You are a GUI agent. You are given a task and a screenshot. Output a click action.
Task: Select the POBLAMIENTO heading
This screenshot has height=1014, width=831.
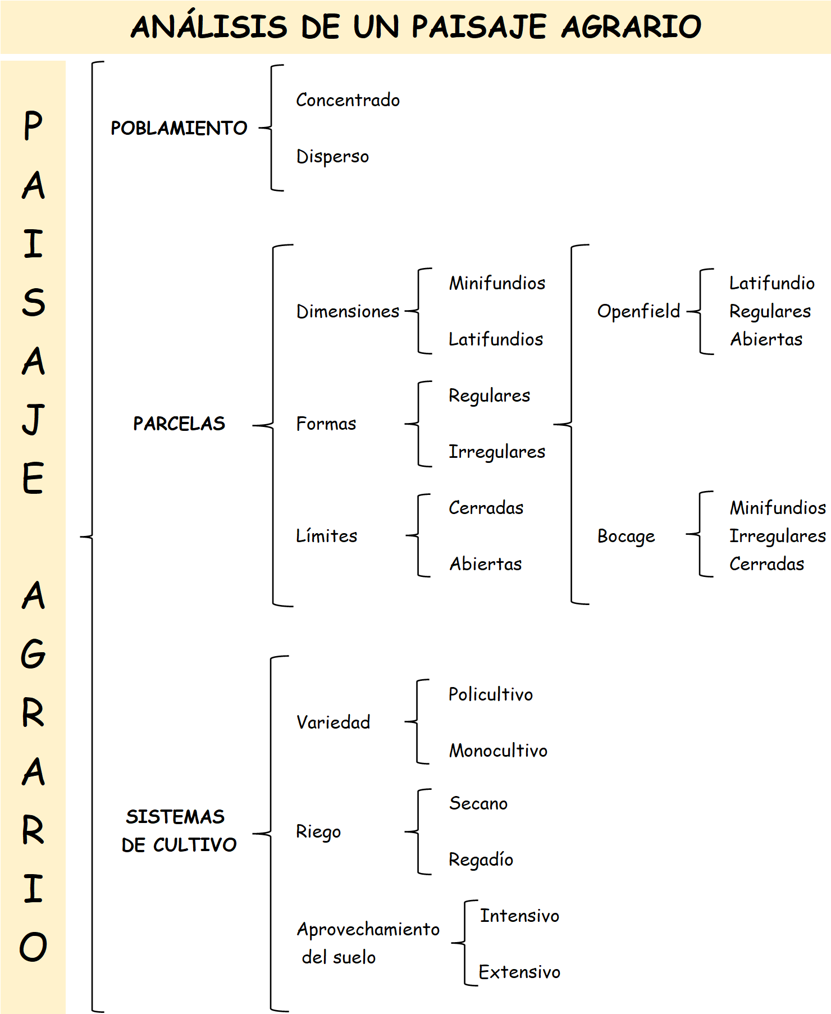click(179, 128)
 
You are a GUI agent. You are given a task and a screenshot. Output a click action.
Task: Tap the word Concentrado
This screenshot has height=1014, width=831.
click(348, 100)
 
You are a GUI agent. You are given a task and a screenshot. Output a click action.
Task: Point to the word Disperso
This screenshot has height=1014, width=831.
click(332, 156)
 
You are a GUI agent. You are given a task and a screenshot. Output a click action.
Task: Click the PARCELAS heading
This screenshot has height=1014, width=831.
click(179, 424)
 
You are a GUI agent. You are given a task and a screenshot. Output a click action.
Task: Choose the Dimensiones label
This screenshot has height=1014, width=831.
click(348, 311)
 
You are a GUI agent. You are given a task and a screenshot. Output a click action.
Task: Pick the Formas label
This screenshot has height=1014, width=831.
click(326, 424)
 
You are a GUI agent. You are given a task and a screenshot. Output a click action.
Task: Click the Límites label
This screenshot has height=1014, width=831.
click(326, 536)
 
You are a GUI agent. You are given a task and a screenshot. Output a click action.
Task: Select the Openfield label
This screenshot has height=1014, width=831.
click(638, 311)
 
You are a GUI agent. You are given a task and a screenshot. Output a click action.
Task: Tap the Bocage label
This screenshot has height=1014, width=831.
click(626, 536)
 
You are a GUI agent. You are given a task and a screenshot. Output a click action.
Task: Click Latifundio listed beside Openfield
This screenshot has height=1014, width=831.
click(771, 283)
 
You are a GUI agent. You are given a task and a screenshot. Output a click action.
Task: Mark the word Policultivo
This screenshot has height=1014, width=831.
click(490, 694)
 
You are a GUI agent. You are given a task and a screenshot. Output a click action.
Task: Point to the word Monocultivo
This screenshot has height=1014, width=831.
click(498, 751)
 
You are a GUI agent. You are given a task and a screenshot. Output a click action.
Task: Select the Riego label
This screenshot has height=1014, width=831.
click(318, 832)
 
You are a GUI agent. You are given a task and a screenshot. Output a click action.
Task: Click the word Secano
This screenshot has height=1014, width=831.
click(478, 803)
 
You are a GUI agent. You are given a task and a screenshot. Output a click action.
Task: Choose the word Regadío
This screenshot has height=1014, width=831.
click(481, 860)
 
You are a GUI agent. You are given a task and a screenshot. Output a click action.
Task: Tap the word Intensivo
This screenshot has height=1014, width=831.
click(519, 916)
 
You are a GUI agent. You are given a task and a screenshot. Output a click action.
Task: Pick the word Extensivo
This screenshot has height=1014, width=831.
click(519, 972)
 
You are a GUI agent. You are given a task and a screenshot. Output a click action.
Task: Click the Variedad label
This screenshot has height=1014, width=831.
click(333, 722)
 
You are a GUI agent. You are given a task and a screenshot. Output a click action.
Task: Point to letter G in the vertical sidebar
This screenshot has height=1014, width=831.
click(33, 654)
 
